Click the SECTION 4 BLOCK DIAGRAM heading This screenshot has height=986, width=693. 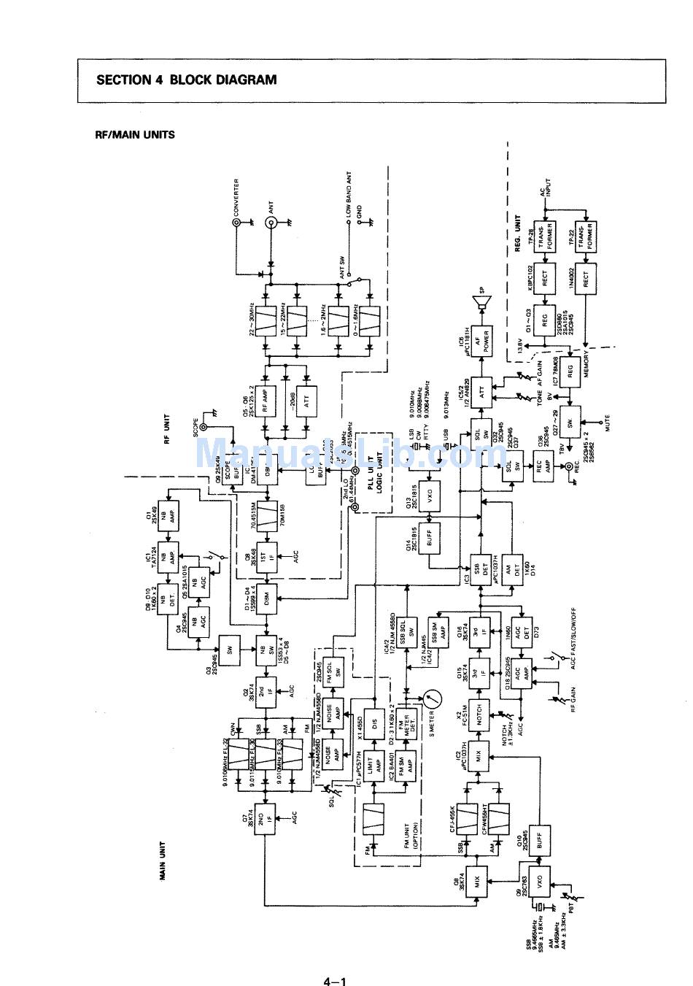(186, 80)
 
